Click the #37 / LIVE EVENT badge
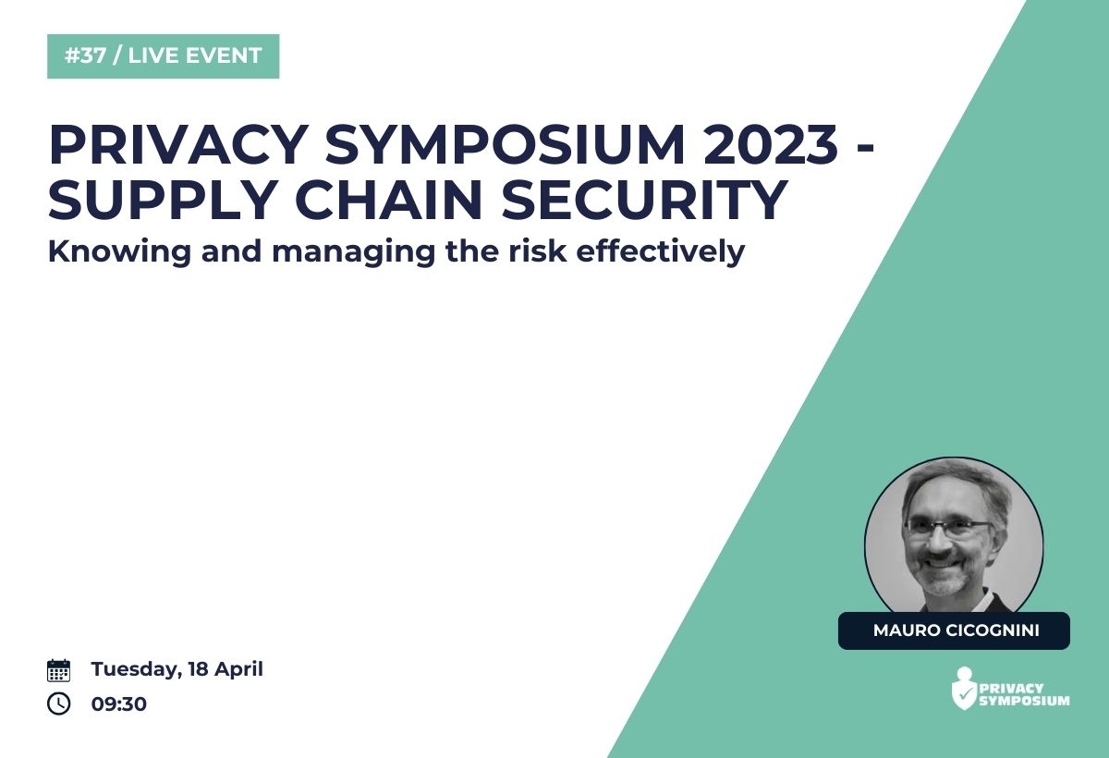(163, 56)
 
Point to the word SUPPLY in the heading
(162, 200)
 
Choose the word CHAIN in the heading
(389, 200)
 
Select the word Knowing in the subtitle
(119, 252)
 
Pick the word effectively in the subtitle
(661, 252)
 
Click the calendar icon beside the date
(58, 670)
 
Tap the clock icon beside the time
(58, 703)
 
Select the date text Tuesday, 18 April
(177, 670)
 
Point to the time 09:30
(119, 704)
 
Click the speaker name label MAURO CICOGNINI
(954, 630)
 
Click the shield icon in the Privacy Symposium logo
(965, 690)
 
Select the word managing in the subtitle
(354, 252)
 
